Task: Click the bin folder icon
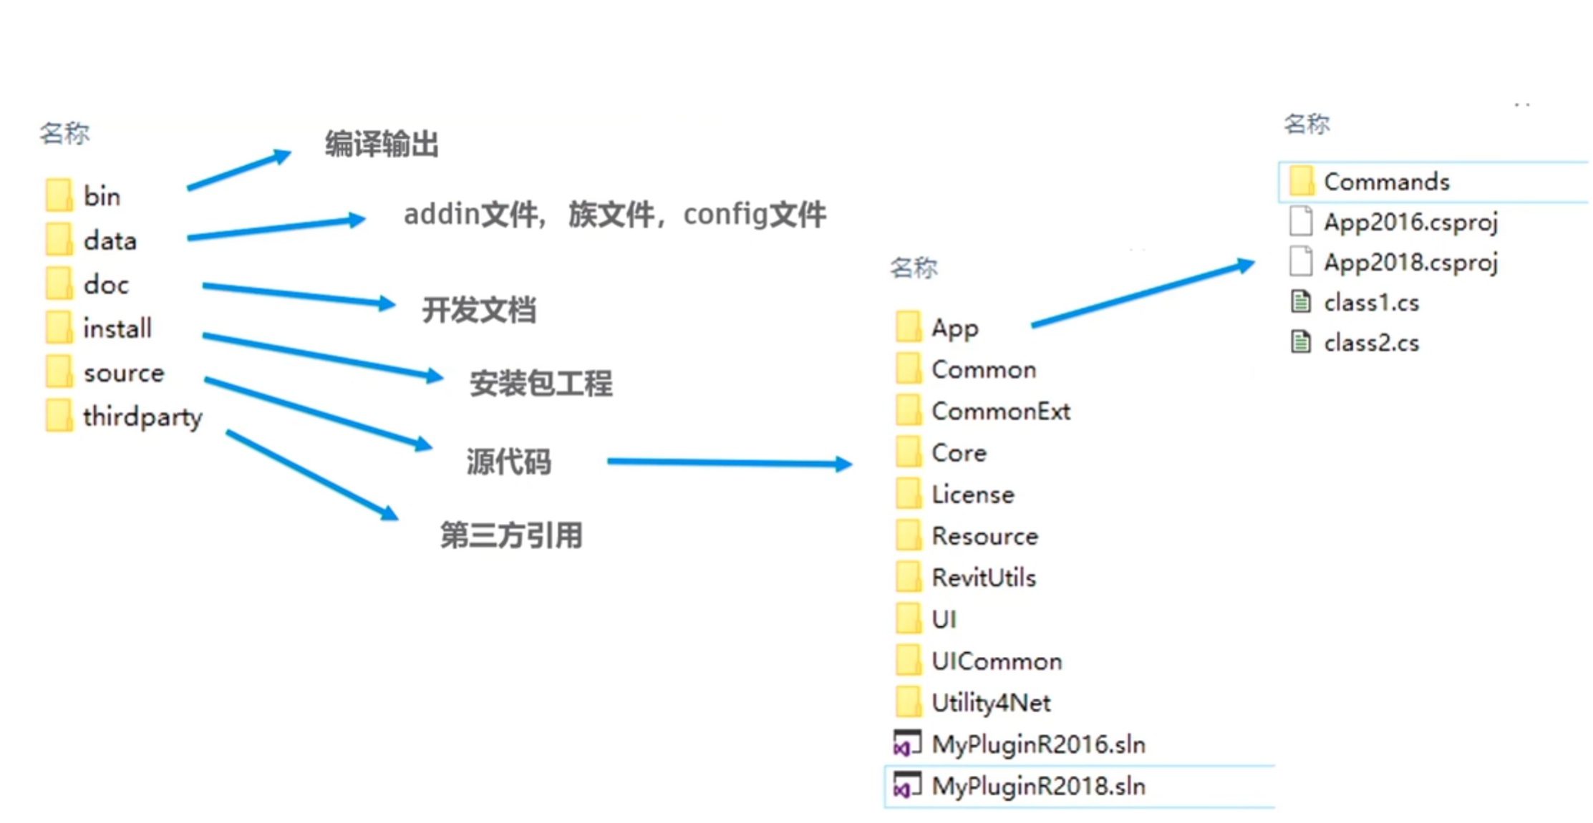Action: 59,195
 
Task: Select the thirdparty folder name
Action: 142,417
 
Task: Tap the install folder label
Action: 117,328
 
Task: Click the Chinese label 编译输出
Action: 382,145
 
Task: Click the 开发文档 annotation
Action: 479,310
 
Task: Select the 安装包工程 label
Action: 541,384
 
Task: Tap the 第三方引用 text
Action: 511,535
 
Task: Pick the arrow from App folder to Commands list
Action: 1142,294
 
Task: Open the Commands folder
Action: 1386,182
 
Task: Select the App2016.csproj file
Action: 1410,223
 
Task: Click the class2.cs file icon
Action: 1301,343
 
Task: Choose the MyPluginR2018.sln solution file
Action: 1038,787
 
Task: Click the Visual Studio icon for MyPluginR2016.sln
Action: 907,744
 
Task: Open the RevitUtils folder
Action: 983,578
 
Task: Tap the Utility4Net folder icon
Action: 909,703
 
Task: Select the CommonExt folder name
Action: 1000,411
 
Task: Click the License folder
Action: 972,495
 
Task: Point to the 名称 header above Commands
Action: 1307,125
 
